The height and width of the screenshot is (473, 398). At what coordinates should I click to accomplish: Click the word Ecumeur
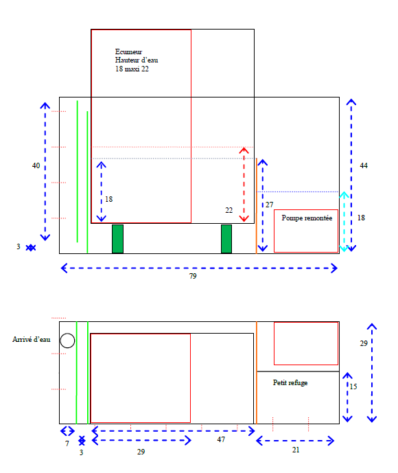[x=128, y=51]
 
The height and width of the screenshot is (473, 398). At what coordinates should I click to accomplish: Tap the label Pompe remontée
[x=307, y=218]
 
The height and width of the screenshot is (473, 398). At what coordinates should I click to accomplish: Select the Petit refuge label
[x=290, y=383]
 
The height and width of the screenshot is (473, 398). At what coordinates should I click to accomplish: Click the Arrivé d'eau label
[x=32, y=339]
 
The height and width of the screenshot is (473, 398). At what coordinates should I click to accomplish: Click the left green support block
[x=117, y=239]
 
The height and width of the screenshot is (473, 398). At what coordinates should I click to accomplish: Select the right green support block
[x=226, y=239]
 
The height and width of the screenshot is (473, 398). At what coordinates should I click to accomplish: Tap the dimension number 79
[x=193, y=276]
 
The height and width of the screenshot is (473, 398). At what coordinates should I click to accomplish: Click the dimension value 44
[x=364, y=165]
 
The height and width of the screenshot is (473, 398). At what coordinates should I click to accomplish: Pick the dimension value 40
[x=36, y=165]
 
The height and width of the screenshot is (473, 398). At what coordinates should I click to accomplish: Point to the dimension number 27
[x=269, y=205]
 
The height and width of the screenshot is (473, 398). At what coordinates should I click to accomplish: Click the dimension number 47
[x=221, y=439]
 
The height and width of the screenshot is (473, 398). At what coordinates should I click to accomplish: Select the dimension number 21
[x=296, y=450]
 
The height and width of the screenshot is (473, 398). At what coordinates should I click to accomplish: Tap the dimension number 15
[x=353, y=387]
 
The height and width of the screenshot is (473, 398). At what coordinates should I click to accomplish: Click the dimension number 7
[x=67, y=443]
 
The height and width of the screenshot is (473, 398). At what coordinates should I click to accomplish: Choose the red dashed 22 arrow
[x=244, y=185]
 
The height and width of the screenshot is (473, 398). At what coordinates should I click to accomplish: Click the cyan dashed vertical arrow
[x=344, y=222]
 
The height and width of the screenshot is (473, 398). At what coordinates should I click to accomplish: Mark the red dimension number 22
[x=229, y=210]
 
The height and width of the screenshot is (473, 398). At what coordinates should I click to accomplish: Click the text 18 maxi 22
[x=132, y=69]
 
